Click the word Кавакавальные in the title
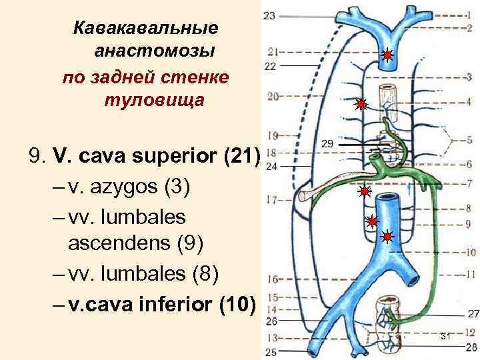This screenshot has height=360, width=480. tap(145, 29)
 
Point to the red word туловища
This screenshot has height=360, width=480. tap(154, 101)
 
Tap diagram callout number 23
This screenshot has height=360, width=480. tap(271, 15)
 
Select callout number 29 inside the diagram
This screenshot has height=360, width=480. tap(327, 144)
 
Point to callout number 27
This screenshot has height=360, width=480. tap(473, 313)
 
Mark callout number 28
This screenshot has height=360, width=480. tap(472, 347)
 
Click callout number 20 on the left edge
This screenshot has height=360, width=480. tap(272, 97)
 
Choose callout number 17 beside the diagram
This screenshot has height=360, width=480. tap(271, 199)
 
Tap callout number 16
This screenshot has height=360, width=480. tap(272, 279)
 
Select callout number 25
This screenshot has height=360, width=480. tap(271, 351)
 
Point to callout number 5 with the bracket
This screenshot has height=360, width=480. tap(469, 141)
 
